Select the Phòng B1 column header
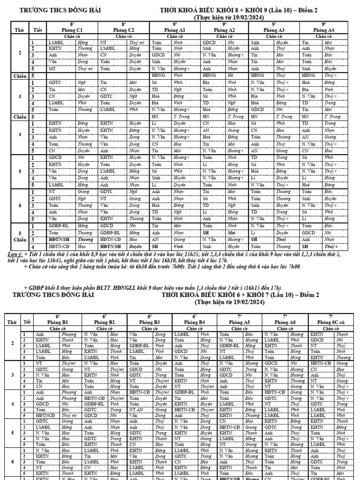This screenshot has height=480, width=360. point(59,322)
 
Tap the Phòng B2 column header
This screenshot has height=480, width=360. point(105,322)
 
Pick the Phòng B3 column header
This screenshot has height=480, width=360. point(150,322)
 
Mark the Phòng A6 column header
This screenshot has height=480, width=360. point(285,322)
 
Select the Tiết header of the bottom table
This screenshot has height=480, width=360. point(27,322)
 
